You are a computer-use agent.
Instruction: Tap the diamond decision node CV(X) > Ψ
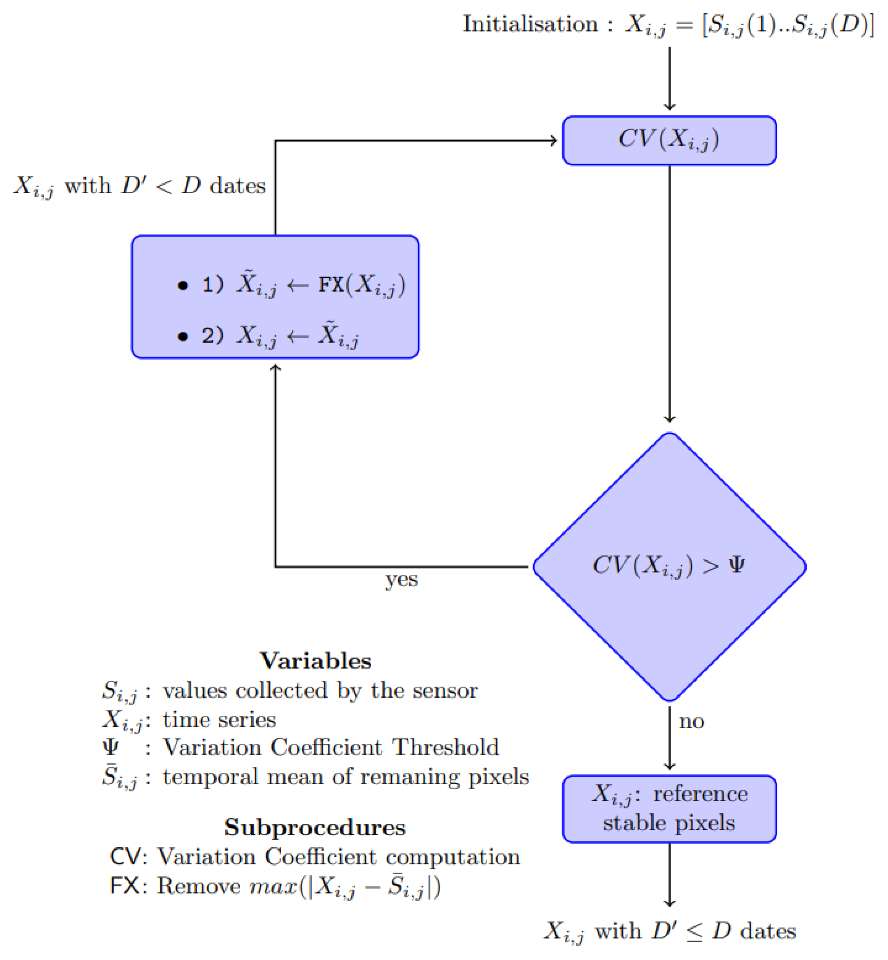[669, 567]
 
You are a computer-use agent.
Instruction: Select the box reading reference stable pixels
[669, 809]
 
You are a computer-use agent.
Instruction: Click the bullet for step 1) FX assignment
[183, 286]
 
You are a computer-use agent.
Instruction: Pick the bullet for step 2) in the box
[183, 336]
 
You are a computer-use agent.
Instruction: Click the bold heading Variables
[315, 661]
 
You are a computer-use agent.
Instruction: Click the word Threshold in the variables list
[445, 747]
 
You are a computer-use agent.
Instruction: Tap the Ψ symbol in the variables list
[110, 747]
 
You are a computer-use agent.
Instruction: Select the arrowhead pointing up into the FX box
[275, 367]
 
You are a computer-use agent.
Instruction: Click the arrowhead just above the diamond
[669, 419]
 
